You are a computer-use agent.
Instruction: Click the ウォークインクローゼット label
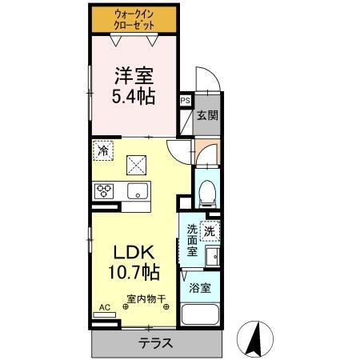[x=134, y=20]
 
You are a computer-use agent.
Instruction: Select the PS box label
[x=185, y=101]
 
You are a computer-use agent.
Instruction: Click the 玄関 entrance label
[x=207, y=114]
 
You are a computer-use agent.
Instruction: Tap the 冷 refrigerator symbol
[x=103, y=149]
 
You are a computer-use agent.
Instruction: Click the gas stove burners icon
[x=105, y=191]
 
